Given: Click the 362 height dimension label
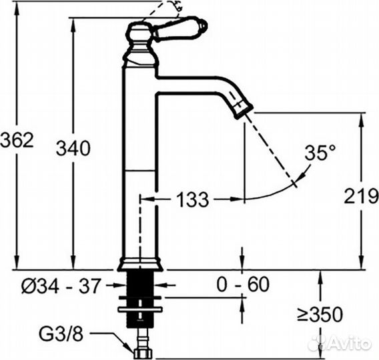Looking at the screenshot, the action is click(17, 140).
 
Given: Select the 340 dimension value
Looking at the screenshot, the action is click(73, 148).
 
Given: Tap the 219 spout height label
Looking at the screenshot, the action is click(362, 195).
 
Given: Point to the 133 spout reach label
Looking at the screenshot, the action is click(192, 199).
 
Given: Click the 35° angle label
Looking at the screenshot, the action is click(320, 153).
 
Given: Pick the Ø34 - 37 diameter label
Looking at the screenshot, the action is click(61, 286).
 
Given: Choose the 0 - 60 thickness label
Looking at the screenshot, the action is click(243, 285).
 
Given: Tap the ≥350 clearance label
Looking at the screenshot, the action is click(320, 315).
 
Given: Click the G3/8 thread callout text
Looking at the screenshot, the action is click(61, 335).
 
